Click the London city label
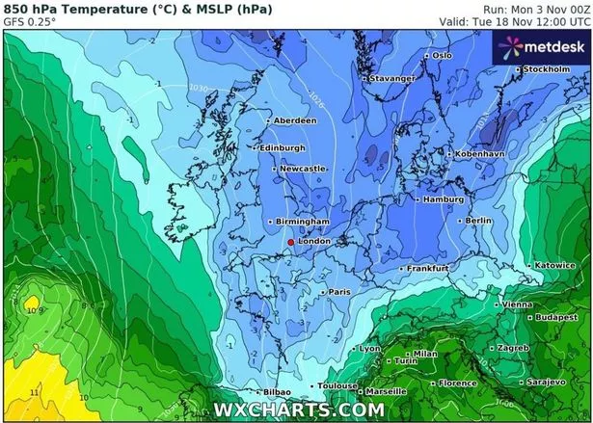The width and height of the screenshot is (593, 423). coord(315,241)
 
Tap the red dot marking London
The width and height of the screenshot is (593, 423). coord(291,243)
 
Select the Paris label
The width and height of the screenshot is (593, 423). coord(339,291)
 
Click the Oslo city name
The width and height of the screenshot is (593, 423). coord(442,55)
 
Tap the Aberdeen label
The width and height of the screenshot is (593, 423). coord(295,120)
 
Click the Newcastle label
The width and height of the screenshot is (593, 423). coord(305,170)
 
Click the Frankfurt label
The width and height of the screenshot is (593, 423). coord(430,268)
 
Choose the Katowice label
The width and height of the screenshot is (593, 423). coord(555,265)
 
